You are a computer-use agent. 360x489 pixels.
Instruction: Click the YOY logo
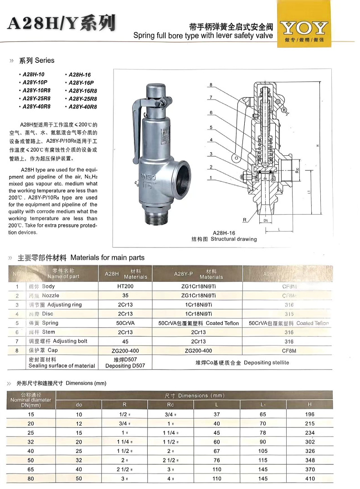[x=303, y=29]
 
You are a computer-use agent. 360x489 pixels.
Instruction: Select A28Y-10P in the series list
[x=35, y=82]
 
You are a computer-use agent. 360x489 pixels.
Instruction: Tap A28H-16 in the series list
[x=80, y=74]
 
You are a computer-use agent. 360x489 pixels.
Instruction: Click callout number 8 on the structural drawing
[x=211, y=85]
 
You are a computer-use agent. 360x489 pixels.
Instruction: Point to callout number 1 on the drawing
[x=211, y=177]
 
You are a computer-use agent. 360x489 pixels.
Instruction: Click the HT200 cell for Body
[x=125, y=287]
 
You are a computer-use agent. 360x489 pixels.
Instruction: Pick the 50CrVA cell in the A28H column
[x=125, y=323]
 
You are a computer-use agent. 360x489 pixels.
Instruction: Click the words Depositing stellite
[x=266, y=363]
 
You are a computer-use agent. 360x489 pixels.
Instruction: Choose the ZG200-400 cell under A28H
[x=125, y=350]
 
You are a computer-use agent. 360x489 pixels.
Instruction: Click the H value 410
[x=310, y=479]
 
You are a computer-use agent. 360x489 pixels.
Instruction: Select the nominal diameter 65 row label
[x=31, y=470]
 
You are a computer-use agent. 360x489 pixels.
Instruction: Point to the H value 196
[x=310, y=415]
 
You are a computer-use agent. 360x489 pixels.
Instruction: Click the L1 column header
[x=263, y=404]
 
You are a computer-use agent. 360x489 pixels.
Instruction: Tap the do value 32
[x=79, y=461]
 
